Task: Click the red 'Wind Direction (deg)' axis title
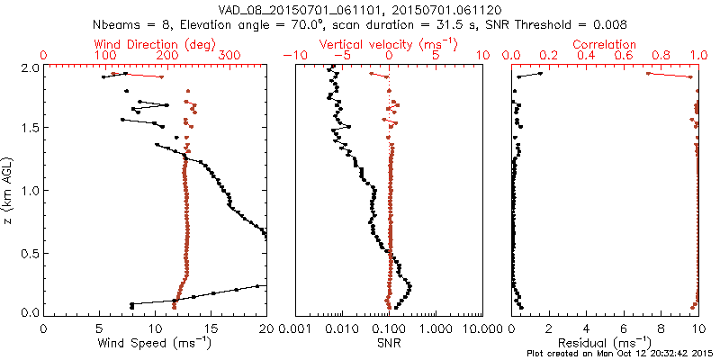tap(155, 44)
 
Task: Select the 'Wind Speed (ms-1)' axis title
tap(155, 343)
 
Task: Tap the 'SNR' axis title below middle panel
tap(389, 343)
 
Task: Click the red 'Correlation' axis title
tap(605, 44)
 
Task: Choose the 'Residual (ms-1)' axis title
tap(605, 343)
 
